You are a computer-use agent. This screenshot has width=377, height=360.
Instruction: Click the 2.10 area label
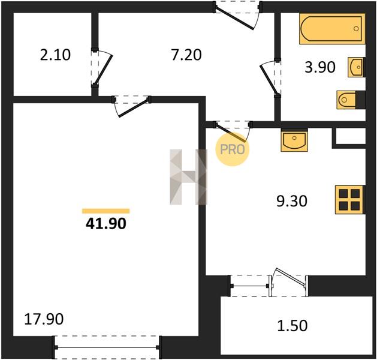(55, 55)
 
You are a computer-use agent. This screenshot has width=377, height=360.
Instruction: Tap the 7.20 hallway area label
(186, 55)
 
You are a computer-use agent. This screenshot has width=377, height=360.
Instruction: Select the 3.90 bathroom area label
(320, 67)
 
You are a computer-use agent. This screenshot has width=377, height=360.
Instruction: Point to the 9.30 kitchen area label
(292, 201)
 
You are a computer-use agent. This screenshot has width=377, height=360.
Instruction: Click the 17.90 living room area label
(44, 319)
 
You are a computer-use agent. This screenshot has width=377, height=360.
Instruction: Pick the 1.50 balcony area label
(292, 326)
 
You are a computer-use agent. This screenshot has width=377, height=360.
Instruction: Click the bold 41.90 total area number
(106, 224)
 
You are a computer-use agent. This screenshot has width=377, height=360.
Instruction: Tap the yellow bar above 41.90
(106, 211)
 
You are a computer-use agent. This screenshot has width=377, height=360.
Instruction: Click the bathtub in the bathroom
(332, 29)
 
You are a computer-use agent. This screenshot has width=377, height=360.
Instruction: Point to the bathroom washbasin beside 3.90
(356, 67)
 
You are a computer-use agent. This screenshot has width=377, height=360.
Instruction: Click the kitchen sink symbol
(294, 140)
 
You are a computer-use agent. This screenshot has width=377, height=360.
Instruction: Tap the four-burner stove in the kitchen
(350, 199)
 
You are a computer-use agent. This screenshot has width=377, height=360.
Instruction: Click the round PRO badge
(233, 149)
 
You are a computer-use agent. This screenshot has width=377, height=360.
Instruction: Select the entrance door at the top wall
(237, 14)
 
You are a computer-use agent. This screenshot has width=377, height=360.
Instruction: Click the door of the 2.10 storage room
(101, 68)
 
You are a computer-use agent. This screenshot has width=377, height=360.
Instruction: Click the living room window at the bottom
(107, 347)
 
